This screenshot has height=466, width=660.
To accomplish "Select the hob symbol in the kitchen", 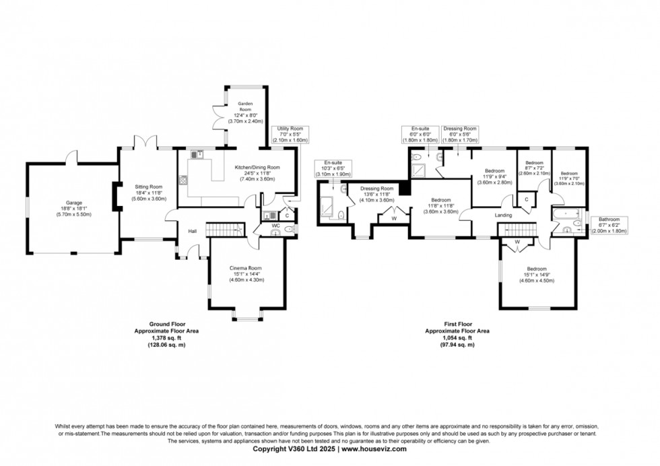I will point(183,180).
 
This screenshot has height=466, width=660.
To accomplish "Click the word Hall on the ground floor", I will point(193,231).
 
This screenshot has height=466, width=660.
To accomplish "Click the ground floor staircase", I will point(225,230).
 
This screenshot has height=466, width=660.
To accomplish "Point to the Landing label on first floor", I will point(503,215).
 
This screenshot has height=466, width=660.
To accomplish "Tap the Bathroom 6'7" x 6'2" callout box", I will point(609,226).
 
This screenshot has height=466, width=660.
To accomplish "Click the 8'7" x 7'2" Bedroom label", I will point(534,168).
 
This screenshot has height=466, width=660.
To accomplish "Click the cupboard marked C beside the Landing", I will point(526,199).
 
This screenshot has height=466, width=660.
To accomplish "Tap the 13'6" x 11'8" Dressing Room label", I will point(376,195).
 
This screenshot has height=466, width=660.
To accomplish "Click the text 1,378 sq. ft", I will point(166,338).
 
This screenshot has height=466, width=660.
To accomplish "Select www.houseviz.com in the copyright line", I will point(374,448).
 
